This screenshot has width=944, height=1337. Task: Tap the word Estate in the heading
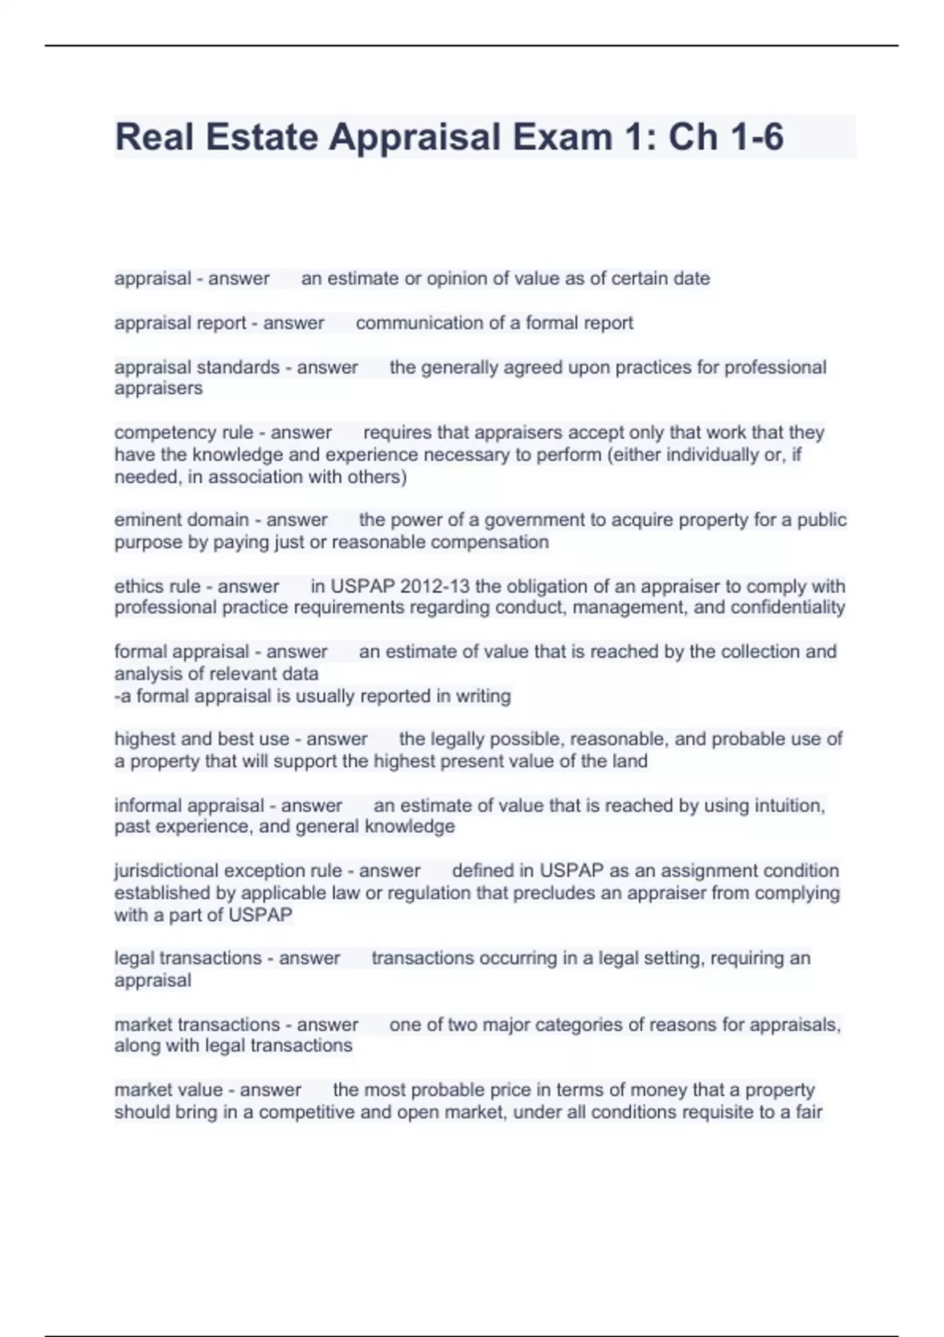coord(262,137)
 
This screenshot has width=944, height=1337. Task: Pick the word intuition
coord(789,805)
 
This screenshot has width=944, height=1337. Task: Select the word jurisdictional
coord(166,871)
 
